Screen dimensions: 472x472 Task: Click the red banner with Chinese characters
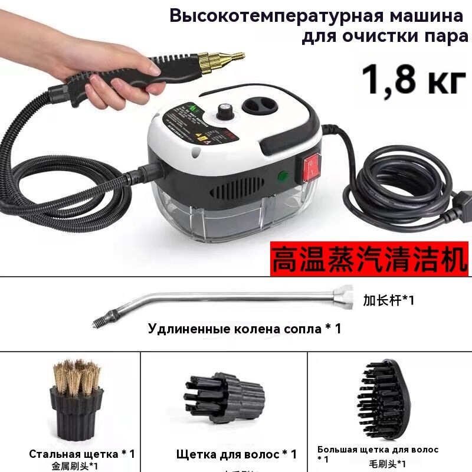pos(369,259)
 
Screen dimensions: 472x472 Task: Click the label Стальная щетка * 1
pos(82,454)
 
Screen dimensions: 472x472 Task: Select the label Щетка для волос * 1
pos(236,454)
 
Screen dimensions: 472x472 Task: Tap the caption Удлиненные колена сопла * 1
pos(244,329)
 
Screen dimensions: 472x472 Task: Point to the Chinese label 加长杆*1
pos(388,300)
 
